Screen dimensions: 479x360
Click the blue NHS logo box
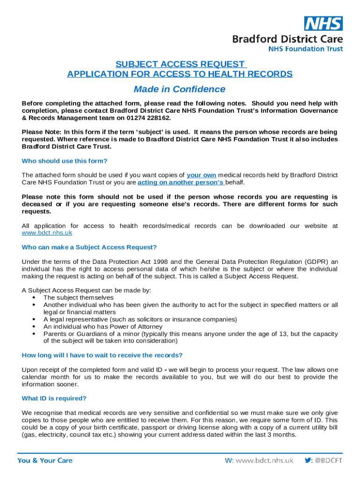[324, 23]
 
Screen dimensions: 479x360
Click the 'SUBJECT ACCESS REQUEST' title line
[180, 64]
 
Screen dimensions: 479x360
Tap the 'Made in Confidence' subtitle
[180, 89]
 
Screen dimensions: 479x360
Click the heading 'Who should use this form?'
[65, 161]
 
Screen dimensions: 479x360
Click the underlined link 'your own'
[201, 175]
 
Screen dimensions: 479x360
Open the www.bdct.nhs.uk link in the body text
[47, 233]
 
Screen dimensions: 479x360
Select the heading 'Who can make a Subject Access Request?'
[89, 247]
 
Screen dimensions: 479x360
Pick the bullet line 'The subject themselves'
[78, 298]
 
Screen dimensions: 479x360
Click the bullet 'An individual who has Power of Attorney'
[103, 327]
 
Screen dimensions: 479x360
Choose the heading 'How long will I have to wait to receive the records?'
[102, 355]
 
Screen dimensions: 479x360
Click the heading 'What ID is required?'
[54, 399]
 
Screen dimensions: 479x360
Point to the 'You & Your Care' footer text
[45, 461]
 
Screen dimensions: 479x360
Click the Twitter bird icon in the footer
[309, 461]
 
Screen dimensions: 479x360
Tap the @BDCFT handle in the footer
[329, 461]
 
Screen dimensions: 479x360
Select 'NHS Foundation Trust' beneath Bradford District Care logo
[305, 49]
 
